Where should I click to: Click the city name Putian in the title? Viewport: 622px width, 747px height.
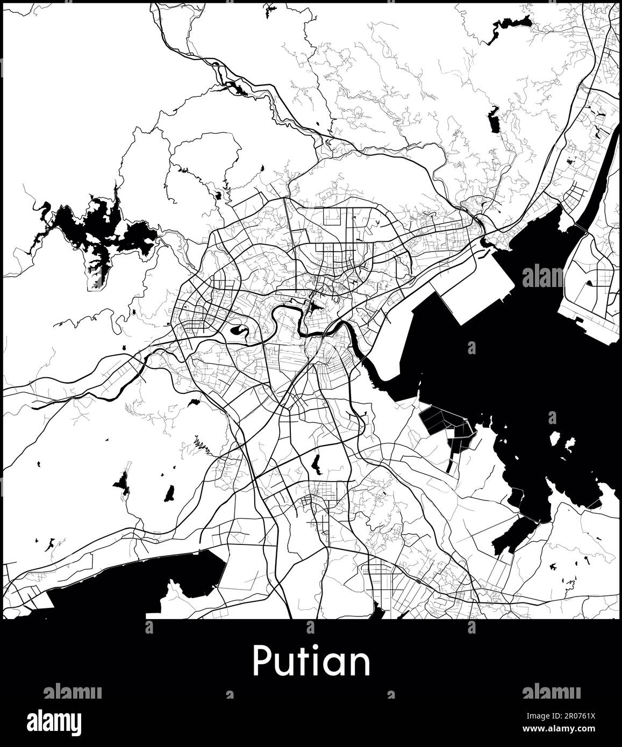pyautogui.click(x=311, y=662)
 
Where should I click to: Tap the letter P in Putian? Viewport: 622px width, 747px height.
pyautogui.click(x=261, y=662)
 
